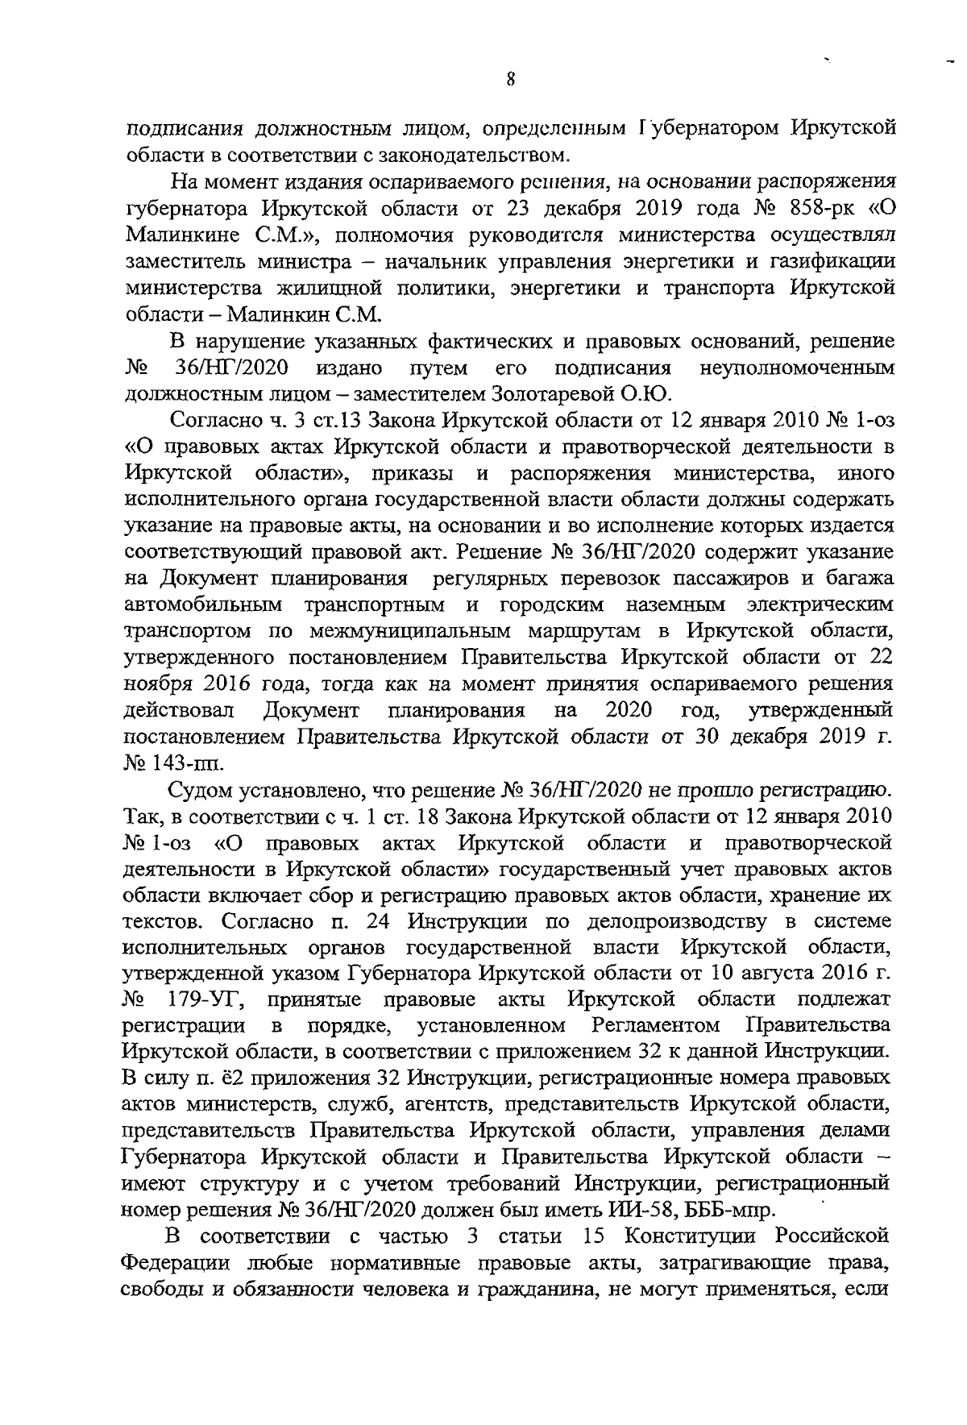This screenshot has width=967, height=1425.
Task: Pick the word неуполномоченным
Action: tap(797, 368)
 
